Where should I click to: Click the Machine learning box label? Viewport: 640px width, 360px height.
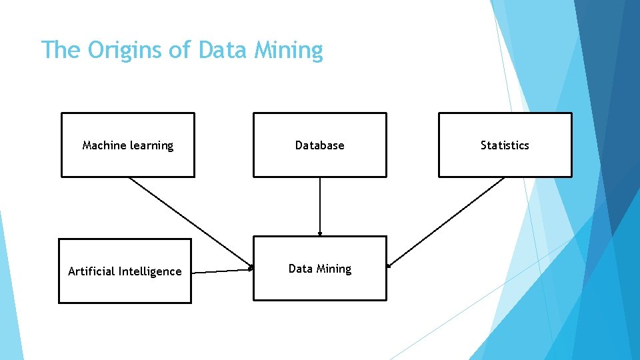(x=127, y=145)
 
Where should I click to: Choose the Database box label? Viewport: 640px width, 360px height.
(x=319, y=145)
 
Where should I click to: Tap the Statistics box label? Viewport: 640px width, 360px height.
(x=505, y=145)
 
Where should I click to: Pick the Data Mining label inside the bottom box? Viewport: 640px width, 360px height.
(x=319, y=269)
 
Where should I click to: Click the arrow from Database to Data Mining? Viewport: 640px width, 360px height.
(x=320, y=207)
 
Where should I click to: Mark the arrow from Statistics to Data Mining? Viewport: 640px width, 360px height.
(x=447, y=222)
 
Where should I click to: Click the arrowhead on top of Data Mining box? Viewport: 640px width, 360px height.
(x=320, y=233)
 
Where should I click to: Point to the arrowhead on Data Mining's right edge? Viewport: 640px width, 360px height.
(x=389, y=265)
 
